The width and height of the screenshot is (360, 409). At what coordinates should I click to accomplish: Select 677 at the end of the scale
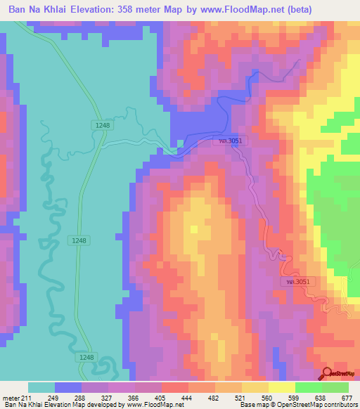[347, 398]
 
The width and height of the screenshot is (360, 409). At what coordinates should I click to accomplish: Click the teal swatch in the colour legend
[41, 387]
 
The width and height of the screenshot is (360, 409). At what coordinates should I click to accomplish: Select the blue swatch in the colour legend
[68, 387]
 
